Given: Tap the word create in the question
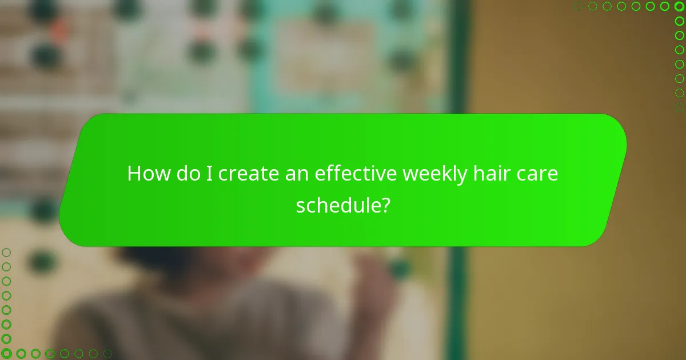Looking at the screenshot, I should point(248,173).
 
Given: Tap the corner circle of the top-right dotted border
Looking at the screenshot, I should point(679,6).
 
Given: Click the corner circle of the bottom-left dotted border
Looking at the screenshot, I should point(6,354).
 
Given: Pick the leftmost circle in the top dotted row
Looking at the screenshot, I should point(578,6).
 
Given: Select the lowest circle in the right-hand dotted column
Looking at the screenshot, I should point(679,107).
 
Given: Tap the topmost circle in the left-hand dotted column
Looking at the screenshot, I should point(6,252).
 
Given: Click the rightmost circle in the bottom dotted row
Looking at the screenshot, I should point(107,354).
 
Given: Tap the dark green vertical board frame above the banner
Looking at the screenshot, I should point(458,57).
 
